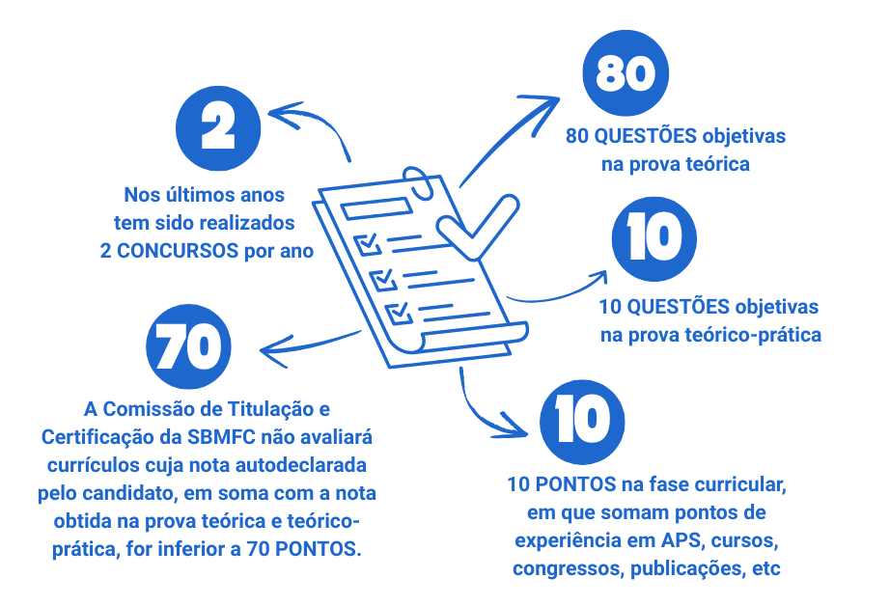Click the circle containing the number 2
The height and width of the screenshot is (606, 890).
click(219, 125)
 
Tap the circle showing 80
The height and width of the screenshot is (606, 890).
click(626, 75)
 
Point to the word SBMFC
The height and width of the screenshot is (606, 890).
click(284, 436)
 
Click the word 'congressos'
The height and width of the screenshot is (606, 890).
click(568, 568)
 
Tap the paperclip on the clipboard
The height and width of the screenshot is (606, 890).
click(419, 187)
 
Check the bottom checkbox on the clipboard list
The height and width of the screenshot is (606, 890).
click(397, 313)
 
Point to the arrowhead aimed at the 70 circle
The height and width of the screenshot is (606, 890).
click(266, 349)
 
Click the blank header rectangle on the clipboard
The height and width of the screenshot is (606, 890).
click(363, 207)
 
